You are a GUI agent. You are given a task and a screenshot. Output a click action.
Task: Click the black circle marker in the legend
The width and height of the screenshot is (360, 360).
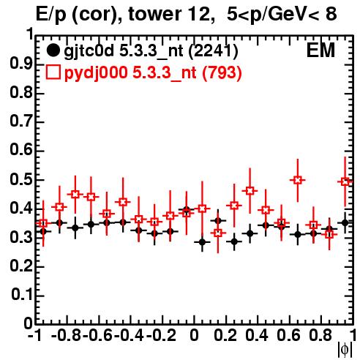click(53, 50)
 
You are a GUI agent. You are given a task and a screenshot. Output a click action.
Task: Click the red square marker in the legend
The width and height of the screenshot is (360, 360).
click(53, 72)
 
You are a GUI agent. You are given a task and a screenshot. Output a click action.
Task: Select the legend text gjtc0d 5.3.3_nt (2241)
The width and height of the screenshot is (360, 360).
click(151, 52)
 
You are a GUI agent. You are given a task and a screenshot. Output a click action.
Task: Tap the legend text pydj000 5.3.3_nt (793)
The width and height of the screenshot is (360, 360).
click(153, 73)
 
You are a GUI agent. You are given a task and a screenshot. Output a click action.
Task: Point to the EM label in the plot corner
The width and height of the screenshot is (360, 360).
click(320, 50)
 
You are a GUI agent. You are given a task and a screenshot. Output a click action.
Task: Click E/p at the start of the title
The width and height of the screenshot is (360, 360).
click(51, 15)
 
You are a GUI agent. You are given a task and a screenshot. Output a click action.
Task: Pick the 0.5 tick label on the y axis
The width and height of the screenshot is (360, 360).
click(21, 180)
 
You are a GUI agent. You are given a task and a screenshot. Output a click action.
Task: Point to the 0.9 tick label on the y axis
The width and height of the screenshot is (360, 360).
click(21, 64)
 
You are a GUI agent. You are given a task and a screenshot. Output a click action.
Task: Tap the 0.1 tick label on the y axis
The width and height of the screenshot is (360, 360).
click(22, 295)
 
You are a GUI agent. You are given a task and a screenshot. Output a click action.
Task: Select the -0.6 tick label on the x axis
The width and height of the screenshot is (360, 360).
click(97, 335)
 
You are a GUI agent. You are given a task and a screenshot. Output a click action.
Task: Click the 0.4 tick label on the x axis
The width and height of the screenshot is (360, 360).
click(257, 335)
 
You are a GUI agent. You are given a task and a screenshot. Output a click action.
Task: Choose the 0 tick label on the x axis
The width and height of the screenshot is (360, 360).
click(194, 335)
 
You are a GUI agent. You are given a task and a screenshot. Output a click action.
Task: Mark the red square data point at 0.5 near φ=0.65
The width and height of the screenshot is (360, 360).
click(297, 180)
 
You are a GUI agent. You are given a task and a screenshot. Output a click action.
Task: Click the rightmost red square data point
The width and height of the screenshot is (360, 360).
click(345, 181)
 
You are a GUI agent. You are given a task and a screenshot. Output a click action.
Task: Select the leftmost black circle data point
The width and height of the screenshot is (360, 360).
click(43, 231)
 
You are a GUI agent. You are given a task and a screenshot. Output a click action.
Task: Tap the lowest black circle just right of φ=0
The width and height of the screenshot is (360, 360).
click(202, 242)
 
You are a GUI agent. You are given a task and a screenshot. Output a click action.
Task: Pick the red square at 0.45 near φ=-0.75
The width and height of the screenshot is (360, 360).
click(75, 195)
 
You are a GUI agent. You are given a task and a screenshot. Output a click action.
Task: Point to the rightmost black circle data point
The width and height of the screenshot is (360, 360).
click(345, 222)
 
